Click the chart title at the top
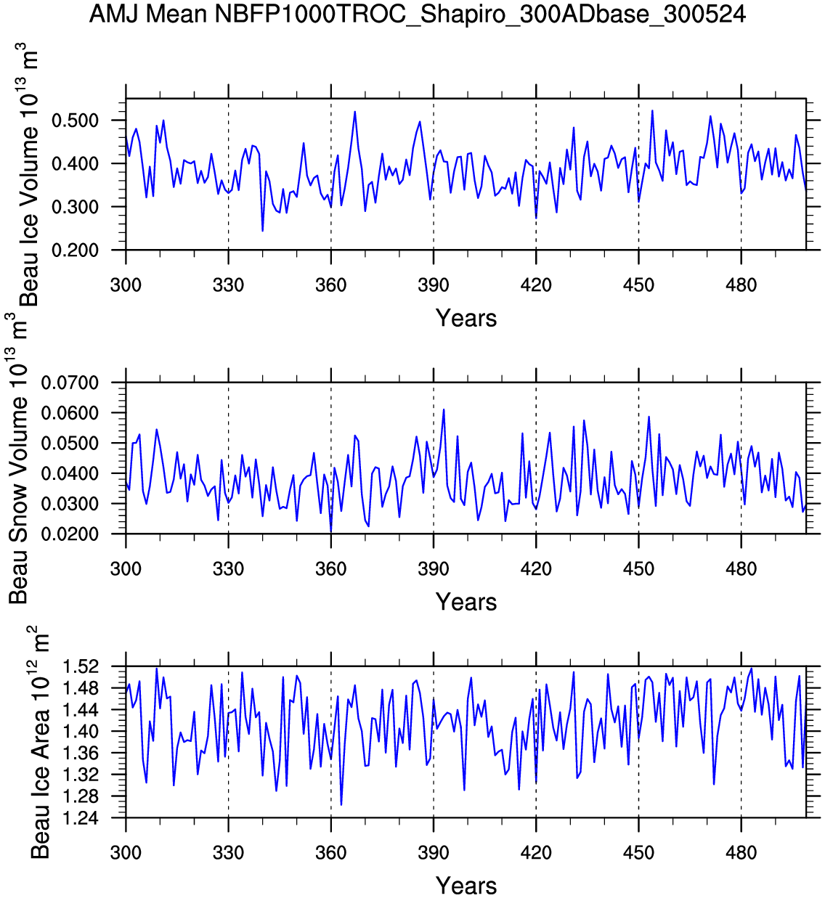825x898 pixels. [418, 14]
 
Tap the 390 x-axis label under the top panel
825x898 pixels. [434, 285]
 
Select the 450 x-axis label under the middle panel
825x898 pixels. [638, 568]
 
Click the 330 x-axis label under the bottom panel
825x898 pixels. [229, 852]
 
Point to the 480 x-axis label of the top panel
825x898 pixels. [741, 285]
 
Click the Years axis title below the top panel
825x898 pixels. [466, 318]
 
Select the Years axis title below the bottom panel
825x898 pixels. [466, 886]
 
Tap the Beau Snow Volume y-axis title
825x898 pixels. [19, 457]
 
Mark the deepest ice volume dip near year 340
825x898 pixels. [262, 231]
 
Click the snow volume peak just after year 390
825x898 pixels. [444, 409]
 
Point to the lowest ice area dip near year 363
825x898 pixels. [341, 804]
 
